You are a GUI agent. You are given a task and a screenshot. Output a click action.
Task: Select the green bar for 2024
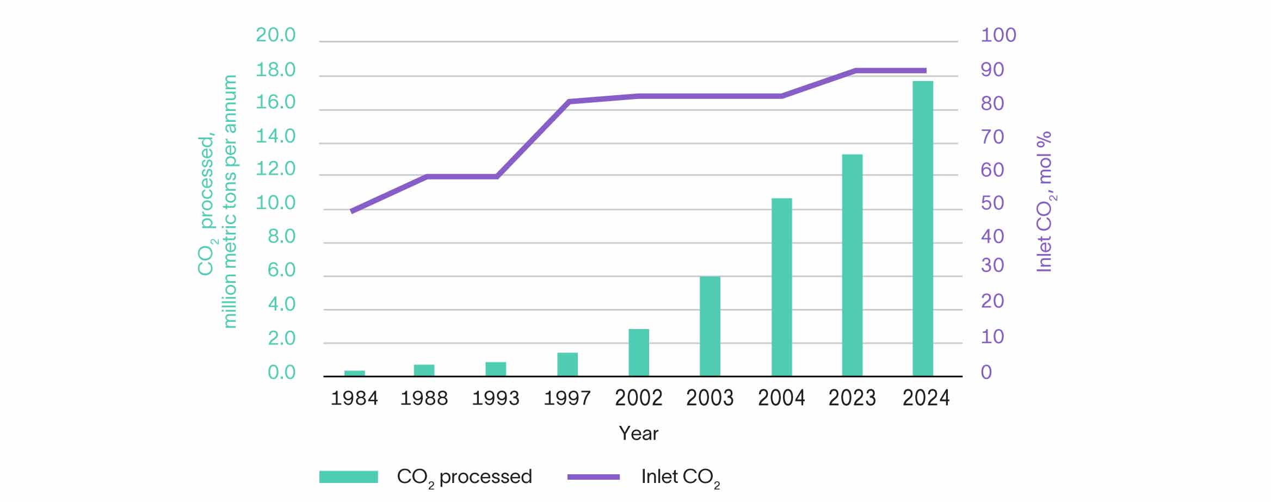(x=922, y=228)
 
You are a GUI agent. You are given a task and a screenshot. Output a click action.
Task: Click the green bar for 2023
(x=852, y=265)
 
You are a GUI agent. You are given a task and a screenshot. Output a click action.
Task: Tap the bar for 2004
(x=781, y=287)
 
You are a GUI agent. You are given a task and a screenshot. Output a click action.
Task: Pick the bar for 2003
(x=709, y=326)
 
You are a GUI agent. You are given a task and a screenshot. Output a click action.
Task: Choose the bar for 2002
(x=638, y=352)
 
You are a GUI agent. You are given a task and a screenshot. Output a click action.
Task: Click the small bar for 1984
(x=354, y=373)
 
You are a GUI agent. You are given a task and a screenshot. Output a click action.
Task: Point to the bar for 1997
(x=567, y=364)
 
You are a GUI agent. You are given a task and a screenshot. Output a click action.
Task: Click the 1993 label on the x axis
(x=495, y=399)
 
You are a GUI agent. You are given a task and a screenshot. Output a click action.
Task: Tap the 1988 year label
(x=424, y=399)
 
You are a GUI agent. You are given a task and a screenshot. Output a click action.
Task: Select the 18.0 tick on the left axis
(x=275, y=70)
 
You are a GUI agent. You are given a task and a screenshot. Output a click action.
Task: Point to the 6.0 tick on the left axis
(x=281, y=270)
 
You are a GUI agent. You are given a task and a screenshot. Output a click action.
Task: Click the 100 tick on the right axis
(x=998, y=35)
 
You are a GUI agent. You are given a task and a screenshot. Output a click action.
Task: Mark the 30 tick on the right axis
(x=992, y=265)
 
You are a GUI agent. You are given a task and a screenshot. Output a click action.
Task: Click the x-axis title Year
(x=638, y=433)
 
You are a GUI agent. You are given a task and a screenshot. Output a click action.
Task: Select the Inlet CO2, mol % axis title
(x=1045, y=201)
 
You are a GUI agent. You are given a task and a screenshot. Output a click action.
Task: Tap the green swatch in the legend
(x=348, y=477)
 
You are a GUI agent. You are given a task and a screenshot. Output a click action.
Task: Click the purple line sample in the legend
(x=593, y=477)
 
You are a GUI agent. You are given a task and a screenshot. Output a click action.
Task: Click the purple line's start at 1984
(x=353, y=211)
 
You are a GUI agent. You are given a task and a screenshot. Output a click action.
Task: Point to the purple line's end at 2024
(x=924, y=71)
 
